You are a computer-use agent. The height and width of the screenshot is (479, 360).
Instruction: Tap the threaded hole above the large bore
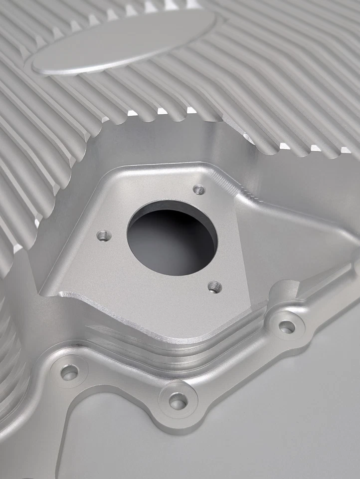click(x=198, y=190)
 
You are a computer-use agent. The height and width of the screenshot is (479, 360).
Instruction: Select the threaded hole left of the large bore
click(x=103, y=236)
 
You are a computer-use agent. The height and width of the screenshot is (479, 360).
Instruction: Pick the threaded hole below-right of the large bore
click(x=214, y=286)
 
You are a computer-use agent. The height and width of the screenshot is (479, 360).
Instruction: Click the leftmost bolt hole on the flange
click(x=69, y=372)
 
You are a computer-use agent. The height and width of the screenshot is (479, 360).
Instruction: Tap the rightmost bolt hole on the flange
click(x=286, y=327)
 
